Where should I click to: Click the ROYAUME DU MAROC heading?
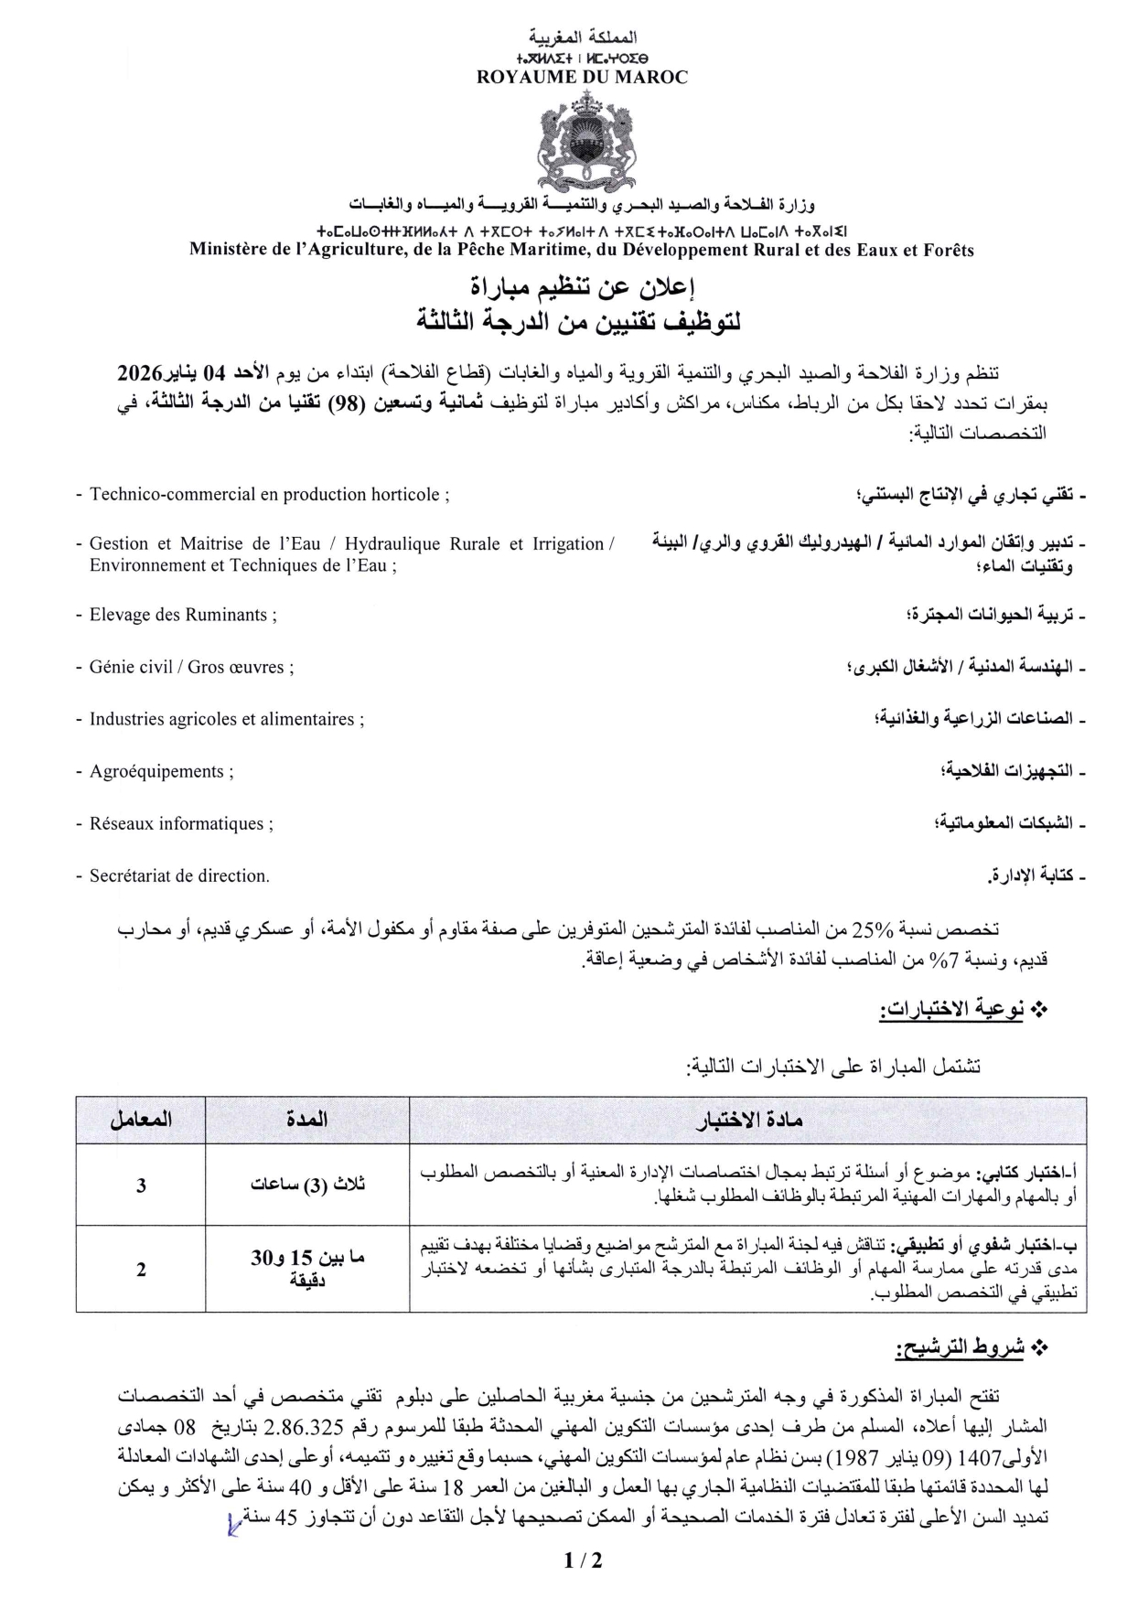[x=582, y=78]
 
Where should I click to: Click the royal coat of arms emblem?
[x=583, y=145]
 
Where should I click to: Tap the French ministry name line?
[x=582, y=250]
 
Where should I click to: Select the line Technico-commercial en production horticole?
[x=269, y=495]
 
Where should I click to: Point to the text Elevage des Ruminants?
[x=183, y=616]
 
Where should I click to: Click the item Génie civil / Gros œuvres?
[x=191, y=668]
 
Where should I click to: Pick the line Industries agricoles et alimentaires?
[x=226, y=720]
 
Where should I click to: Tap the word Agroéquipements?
[x=161, y=772]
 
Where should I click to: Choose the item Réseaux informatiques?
[x=181, y=824]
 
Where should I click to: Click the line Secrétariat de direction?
[x=179, y=876]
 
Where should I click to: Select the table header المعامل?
[x=141, y=1120]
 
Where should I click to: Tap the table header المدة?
[x=307, y=1120]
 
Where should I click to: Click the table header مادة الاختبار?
[x=747, y=1120]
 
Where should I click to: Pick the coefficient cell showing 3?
[x=141, y=1185]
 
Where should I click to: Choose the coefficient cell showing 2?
[x=141, y=1270]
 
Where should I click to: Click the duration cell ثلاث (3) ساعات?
[x=307, y=1185]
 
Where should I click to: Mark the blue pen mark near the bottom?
[x=233, y=1525]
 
